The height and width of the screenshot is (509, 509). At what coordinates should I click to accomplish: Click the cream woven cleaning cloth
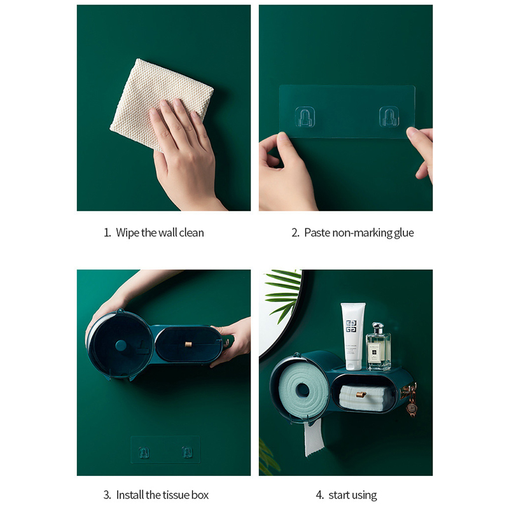coord(153,97)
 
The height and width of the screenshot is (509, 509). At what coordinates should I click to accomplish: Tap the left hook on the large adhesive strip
coord(305,117)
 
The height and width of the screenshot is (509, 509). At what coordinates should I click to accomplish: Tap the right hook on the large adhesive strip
coord(389,116)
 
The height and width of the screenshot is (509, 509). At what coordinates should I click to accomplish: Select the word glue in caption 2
coord(404,234)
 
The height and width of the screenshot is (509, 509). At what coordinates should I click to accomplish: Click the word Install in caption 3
coord(130,495)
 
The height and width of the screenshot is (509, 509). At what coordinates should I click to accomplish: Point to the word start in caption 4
coord(339,496)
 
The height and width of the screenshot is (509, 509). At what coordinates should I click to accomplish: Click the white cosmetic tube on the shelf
coord(352,337)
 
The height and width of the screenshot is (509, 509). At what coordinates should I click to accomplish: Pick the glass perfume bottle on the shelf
coord(378,347)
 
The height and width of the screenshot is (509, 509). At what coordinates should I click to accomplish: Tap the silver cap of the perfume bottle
coord(378,327)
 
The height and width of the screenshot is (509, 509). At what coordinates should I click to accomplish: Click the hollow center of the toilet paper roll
coord(303,390)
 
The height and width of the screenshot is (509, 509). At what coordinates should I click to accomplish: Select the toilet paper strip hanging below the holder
coord(313,437)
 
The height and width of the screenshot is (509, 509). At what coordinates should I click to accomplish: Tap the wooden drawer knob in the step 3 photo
coord(188,344)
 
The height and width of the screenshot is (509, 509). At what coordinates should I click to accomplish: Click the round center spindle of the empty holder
coord(121,345)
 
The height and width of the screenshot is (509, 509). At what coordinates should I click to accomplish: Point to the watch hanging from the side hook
coord(412,408)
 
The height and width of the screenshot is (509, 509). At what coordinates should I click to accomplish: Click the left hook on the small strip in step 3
coord(144,452)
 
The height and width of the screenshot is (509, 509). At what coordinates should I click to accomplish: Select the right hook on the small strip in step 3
coord(186,452)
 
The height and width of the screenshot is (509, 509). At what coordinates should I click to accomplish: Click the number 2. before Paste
coord(295,233)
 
